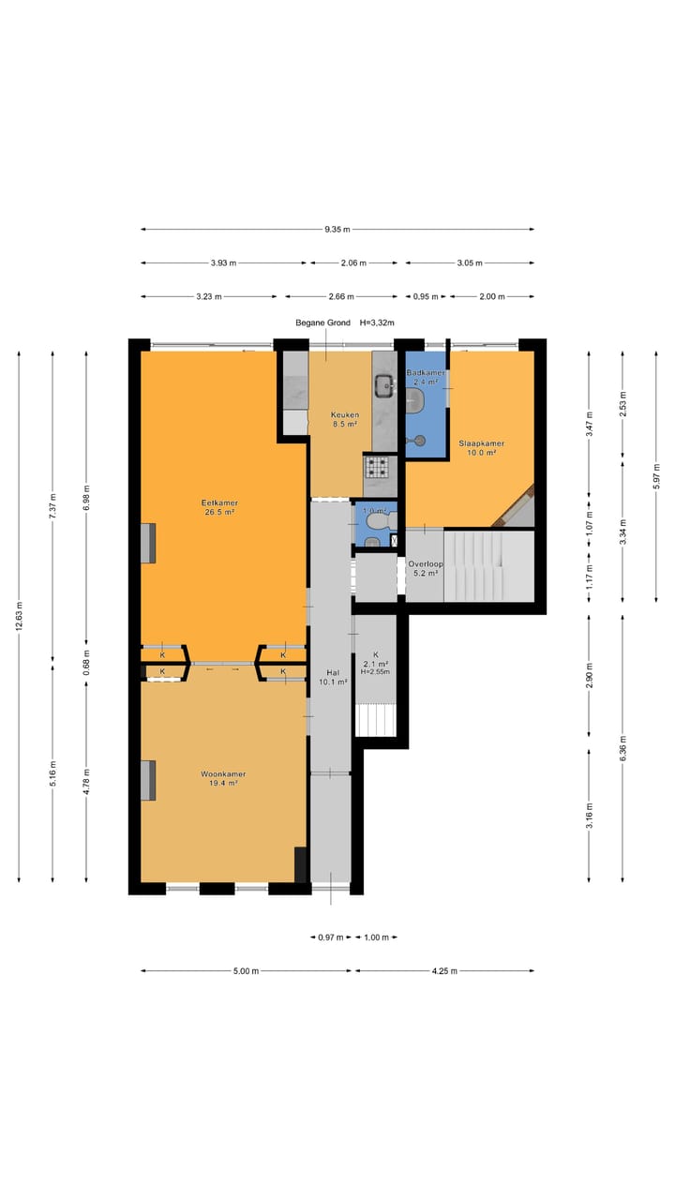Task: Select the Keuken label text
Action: [344, 415]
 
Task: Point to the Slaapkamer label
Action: [481, 443]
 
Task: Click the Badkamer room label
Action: [426, 373]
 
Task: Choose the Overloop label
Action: [426, 564]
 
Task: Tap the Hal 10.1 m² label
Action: [333, 678]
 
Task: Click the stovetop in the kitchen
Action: [378, 467]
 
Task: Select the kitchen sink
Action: [384, 384]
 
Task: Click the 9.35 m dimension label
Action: [337, 230]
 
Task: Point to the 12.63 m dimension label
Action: [20, 617]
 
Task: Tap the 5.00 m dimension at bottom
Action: [246, 970]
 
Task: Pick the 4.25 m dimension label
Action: [444, 970]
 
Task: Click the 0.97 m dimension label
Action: [331, 937]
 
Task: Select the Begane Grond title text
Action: [323, 323]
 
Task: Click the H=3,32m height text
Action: [377, 323]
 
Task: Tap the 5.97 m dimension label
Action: [656, 475]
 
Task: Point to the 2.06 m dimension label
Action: [353, 263]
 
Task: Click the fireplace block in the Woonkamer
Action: [148, 781]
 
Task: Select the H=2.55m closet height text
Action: [375, 672]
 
